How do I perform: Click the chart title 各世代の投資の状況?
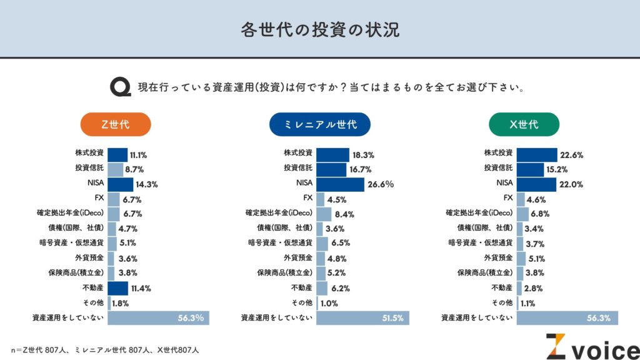click(319, 29)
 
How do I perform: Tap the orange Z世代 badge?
click(115, 124)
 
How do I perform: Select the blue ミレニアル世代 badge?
click(319, 124)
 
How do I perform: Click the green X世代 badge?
click(524, 124)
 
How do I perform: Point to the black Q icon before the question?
click(120, 87)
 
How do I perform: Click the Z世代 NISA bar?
click(121, 184)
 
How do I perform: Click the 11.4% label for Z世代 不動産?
click(140, 289)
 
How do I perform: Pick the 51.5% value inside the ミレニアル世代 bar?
click(392, 318)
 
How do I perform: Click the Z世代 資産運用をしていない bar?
click(158, 318)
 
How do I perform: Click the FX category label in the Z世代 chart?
click(99, 199)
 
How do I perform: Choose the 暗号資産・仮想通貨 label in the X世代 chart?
click(481, 243)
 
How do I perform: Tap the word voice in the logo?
click(602, 347)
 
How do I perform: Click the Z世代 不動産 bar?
click(118, 289)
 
